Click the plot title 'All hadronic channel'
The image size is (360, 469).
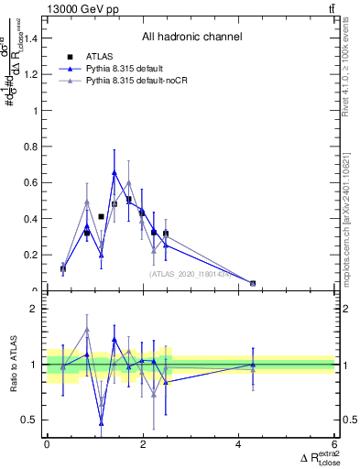click(191, 37)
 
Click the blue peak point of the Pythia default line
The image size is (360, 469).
click(115, 172)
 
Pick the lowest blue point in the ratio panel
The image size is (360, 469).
click(101, 422)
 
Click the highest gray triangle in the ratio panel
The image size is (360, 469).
click(87, 329)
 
